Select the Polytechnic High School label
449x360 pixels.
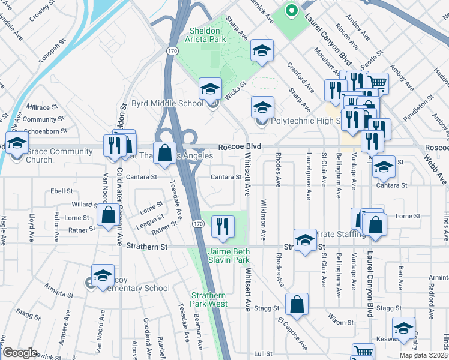pyautogui.click(x=306, y=121)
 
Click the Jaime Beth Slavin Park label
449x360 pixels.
pyautogui.click(x=228, y=256)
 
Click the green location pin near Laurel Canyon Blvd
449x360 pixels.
pyautogui.click(x=291, y=11)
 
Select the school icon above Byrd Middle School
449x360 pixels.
pyautogui.click(x=210, y=90)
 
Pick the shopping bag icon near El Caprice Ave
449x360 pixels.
pyautogui.click(x=297, y=304)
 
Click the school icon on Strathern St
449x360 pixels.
pyautogui.click(x=305, y=240)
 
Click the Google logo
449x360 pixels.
pyautogui.click(x=20, y=352)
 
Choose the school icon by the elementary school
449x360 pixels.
pyautogui.click(x=103, y=276)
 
